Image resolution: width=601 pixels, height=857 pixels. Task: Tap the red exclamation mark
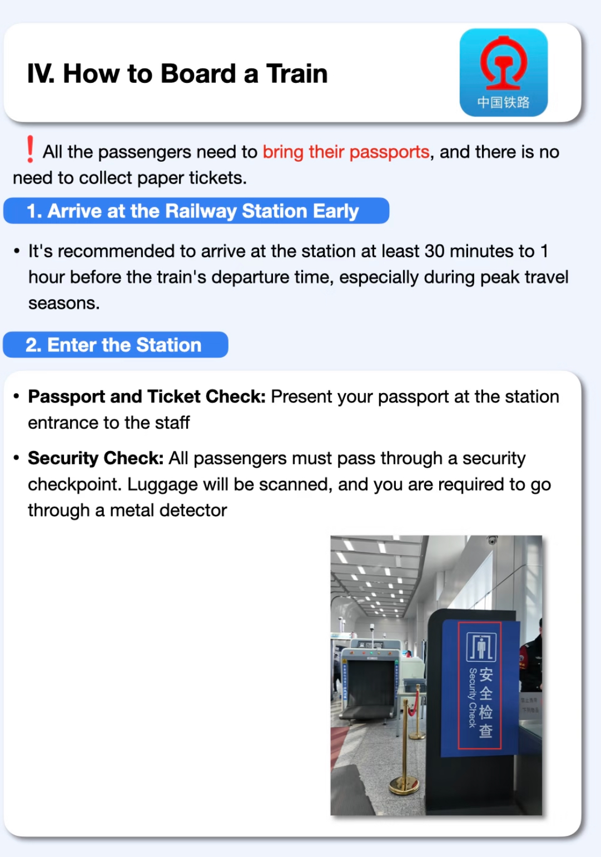coord(30,149)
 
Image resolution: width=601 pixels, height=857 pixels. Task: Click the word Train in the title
coord(297,74)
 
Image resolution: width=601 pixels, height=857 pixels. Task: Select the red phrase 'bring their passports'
coord(346,152)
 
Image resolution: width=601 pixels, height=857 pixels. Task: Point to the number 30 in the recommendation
coord(434,251)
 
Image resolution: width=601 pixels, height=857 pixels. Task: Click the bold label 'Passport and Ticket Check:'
coord(147,397)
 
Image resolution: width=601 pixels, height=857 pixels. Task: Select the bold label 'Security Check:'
coord(96,458)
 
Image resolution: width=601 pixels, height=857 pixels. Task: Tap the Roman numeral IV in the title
coord(41,74)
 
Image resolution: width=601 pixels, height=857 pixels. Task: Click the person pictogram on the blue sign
coord(481,647)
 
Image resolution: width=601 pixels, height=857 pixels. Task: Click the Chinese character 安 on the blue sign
coord(486,675)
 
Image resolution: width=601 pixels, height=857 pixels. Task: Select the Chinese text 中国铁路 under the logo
coord(503,102)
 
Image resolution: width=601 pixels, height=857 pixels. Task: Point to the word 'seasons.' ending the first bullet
coord(64,304)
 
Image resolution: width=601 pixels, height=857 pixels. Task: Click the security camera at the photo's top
coord(492,540)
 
